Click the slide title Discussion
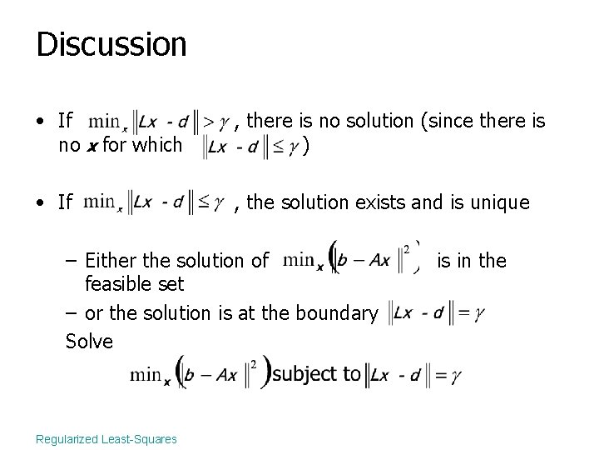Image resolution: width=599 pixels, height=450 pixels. click(x=111, y=44)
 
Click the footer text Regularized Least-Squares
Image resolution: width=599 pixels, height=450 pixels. click(x=106, y=438)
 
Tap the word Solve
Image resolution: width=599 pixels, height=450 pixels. click(x=89, y=342)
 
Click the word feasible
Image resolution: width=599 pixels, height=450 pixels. click(x=116, y=285)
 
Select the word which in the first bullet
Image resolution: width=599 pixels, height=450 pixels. click(x=159, y=145)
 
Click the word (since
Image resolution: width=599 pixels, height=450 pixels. click(x=450, y=122)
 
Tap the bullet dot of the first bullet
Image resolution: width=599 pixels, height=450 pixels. click(x=41, y=122)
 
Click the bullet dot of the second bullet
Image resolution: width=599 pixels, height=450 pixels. click(x=41, y=202)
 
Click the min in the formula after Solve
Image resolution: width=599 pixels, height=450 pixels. click(x=146, y=375)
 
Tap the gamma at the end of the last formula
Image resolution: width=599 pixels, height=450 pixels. click(x=453, y=376)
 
